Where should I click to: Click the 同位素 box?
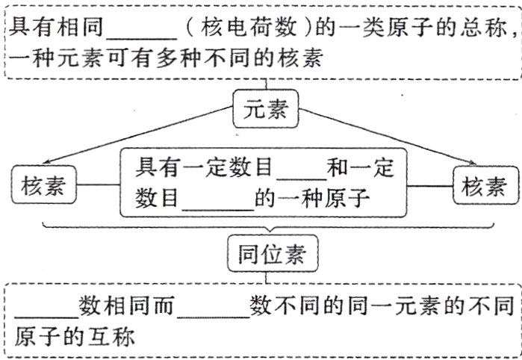(x=266, y=255)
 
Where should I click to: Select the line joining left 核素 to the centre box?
(x=101, y=186)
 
